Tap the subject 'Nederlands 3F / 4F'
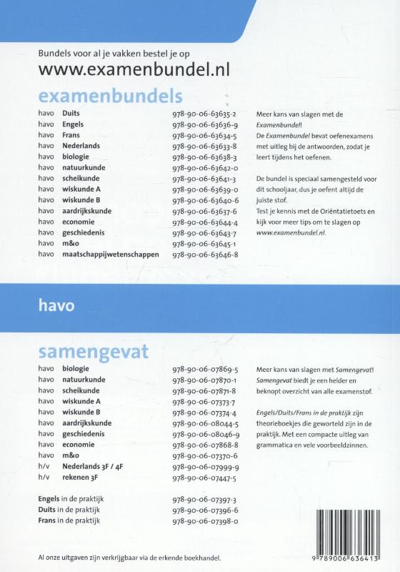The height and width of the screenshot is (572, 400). coord(96,465)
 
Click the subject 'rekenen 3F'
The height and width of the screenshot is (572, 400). coord(84,477)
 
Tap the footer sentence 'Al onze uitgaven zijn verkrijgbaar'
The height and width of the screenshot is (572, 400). coord(129,556)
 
